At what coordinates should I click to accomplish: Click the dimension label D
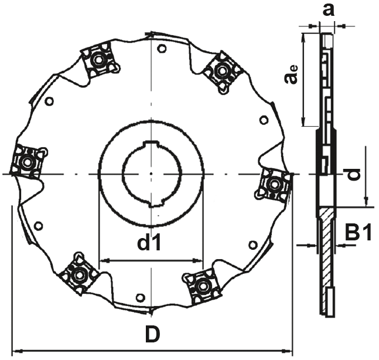(152, 335)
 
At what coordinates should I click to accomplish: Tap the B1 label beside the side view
(357, 233)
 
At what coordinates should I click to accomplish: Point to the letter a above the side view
(329, 10)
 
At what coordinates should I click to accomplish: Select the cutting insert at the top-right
(222, 71)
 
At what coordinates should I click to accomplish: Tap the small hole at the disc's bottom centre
(139, 298)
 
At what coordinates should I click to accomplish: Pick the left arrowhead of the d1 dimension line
(103, 260)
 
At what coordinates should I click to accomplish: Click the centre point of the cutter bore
(151, 174)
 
